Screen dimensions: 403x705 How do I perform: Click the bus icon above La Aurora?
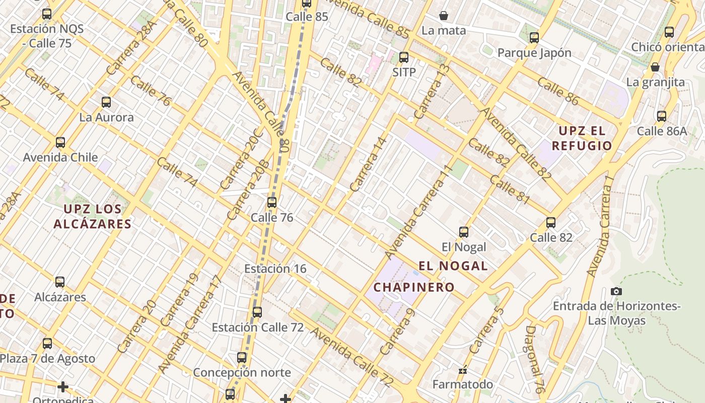coord(106,102)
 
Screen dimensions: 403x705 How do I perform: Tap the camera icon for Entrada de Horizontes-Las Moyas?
coord(616,291)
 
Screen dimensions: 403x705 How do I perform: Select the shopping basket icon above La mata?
coord(444,16)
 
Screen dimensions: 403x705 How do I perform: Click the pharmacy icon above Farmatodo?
coord(463,370)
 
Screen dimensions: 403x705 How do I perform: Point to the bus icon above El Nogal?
coord(464,232)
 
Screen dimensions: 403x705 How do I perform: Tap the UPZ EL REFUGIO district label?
coord(582,139)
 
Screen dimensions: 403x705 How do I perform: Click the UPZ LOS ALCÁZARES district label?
coord(93,217)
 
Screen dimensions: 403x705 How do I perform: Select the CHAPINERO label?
coord(414,287)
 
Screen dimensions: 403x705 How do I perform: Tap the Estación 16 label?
coord(275,268)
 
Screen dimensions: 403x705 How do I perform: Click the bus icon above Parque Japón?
coord(534,38)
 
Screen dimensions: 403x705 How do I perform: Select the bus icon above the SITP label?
coord(403,57)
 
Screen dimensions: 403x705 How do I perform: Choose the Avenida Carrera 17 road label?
coord(190,324)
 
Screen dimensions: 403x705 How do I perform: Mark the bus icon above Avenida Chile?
coord(60,143)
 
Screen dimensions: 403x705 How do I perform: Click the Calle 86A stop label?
coord(662,131)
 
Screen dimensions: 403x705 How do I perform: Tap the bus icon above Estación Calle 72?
coord(257,312)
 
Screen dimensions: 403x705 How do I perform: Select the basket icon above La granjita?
coord(655,67)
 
